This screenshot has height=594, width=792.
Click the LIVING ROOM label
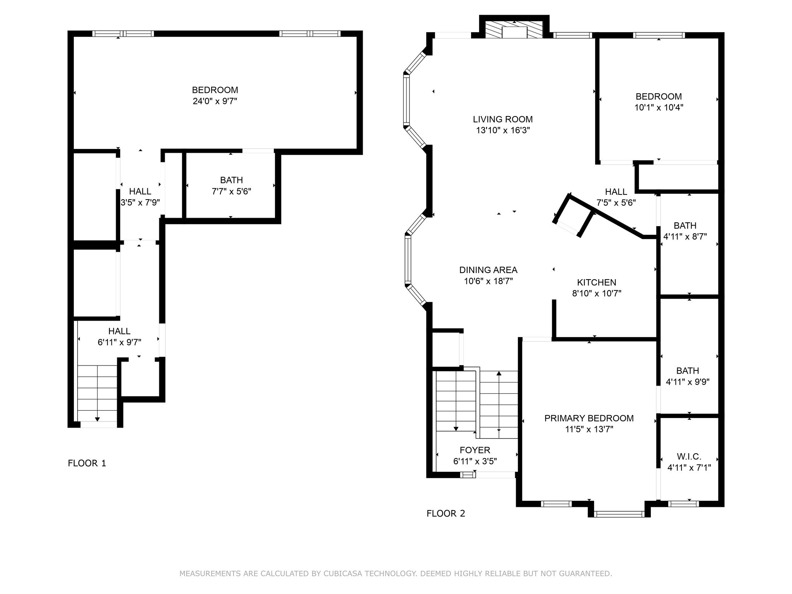[503, 119]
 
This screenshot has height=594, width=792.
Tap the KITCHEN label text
[597, 282]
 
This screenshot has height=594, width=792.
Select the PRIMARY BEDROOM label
[589, 418]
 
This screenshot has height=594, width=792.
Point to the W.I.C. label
[689, 456]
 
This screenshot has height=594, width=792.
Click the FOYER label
[475, 450]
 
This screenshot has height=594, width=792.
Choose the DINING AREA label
[488, 270]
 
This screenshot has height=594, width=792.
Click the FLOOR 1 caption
[87, 463]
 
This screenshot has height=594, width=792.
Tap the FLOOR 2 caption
[446, 513]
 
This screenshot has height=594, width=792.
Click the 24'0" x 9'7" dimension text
[215, 101]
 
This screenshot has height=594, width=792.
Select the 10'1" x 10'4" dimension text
[659, 108]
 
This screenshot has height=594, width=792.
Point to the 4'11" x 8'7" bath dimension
[685, 236]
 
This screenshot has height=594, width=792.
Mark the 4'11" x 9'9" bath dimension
[688, 382]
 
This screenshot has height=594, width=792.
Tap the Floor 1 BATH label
[232, 180]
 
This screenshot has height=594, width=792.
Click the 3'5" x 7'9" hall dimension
[140, 202]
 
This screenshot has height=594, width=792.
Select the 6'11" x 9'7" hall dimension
[119, 342]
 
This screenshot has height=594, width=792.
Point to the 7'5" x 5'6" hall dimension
[616, 203]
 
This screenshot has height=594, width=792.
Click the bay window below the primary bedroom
[619, 514]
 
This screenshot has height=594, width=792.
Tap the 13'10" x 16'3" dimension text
[503, 130]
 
